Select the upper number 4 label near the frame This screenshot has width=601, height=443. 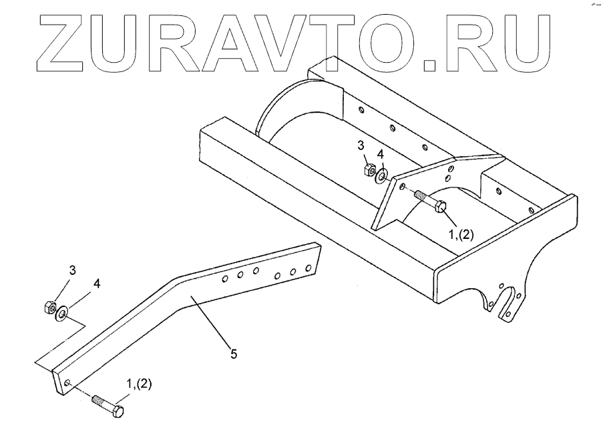381,154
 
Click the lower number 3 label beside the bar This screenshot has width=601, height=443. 72,270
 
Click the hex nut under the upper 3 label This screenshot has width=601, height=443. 368,170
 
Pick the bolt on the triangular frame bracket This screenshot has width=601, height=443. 431,202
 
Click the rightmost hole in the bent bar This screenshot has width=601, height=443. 309,268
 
